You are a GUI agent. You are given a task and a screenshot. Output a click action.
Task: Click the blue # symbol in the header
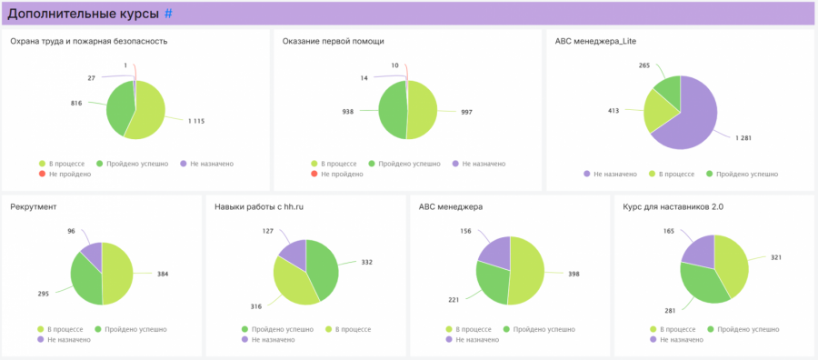(x=168, y=14)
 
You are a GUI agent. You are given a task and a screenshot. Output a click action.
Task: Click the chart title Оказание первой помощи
(x=334, y=41)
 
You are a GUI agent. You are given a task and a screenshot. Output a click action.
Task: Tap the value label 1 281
(x=743, y=138)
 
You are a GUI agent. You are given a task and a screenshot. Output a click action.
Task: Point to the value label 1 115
(x=196, y=121)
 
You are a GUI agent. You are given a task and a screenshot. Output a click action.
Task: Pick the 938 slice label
(x=348, y=111)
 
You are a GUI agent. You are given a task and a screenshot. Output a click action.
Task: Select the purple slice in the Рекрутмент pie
(x=92, y=249)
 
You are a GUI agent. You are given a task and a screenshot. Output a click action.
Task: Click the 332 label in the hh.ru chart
(x=367, y=262)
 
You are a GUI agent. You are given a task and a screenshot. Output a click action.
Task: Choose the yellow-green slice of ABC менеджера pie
(x=526, y=270)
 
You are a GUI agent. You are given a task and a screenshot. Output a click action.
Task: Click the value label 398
(x=574, y=274)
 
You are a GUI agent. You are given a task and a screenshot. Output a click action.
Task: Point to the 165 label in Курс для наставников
(x=669, y=230)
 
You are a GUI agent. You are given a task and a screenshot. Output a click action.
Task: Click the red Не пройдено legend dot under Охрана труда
(x=43, y=175)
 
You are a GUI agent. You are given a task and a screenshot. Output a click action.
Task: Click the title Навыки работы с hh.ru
(x=259, y=207)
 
